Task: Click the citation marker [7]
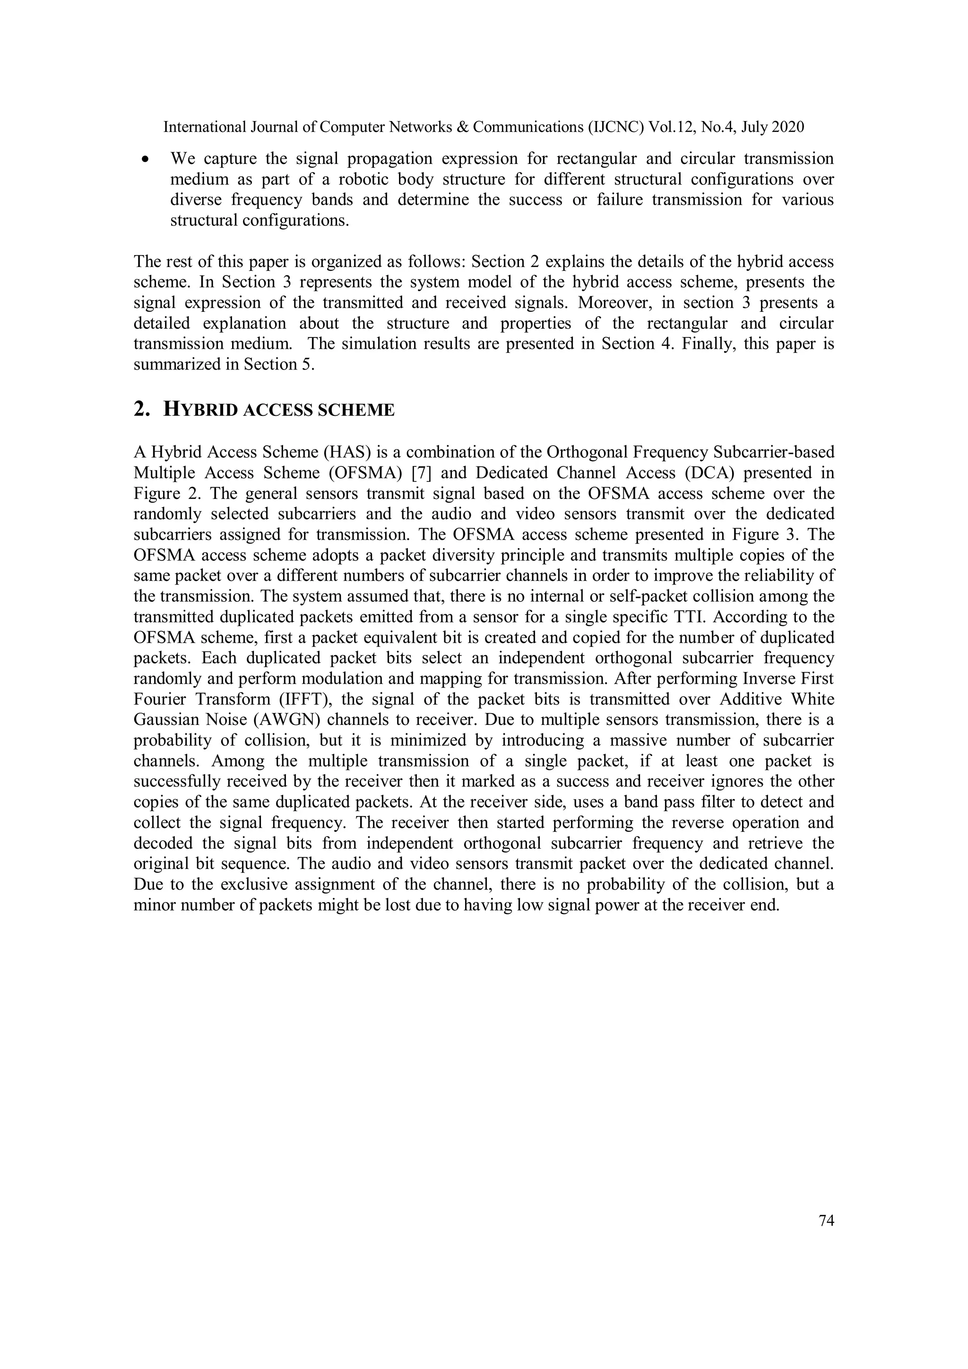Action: pos(422,473)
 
